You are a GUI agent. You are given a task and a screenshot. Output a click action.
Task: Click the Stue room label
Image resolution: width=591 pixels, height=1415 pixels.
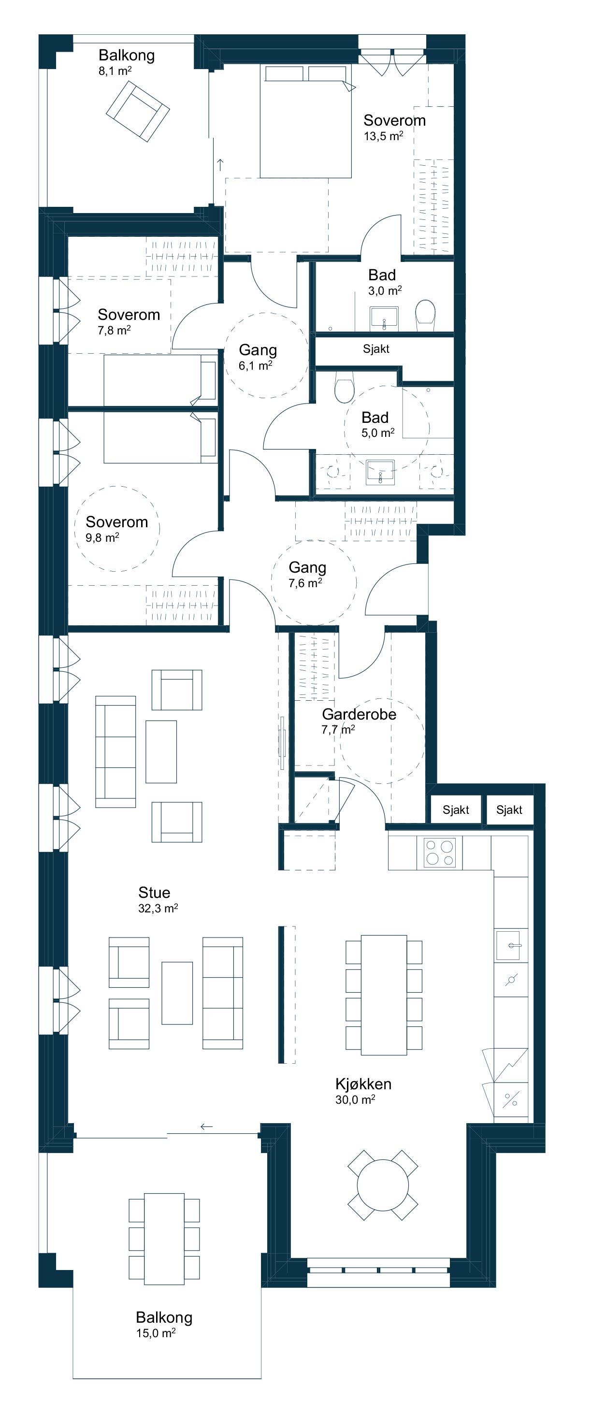154,893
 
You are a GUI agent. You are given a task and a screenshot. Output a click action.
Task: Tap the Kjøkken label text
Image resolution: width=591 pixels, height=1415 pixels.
363,1084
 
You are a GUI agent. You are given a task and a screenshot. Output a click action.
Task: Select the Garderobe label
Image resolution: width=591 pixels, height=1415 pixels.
359,714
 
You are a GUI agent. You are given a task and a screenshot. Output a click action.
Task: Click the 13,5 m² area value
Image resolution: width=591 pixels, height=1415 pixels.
383,136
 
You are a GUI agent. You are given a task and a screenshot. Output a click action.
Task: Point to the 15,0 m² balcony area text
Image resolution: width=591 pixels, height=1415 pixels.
156,1333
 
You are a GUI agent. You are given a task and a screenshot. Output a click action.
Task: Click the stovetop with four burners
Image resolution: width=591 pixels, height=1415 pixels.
439,852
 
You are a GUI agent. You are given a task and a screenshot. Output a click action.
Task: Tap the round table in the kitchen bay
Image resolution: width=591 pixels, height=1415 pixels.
383,1185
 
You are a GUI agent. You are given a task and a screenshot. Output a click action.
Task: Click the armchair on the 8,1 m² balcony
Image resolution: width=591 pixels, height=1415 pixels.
138,112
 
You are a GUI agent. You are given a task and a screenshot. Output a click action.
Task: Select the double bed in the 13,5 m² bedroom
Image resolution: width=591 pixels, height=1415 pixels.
306,122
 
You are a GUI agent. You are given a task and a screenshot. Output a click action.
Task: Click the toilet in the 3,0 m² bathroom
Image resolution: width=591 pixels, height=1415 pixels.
425,315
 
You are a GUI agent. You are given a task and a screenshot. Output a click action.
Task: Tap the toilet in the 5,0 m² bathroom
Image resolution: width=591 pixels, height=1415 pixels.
345,387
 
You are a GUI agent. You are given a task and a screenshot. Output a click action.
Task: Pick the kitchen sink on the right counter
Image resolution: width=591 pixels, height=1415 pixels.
508,945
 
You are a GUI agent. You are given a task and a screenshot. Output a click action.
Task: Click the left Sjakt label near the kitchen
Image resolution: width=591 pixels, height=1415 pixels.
456,809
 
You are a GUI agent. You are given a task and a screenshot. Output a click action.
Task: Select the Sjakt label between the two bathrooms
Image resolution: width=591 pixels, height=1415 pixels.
376,349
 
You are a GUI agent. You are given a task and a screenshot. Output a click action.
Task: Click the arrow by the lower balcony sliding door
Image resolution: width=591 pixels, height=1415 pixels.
206,1126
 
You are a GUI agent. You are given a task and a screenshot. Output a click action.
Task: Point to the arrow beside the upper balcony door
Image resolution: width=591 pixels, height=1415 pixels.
220,164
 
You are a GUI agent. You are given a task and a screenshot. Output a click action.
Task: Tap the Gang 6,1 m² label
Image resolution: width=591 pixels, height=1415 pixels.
258,357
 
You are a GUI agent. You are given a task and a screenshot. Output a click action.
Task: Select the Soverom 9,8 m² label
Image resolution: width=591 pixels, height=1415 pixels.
116,529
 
